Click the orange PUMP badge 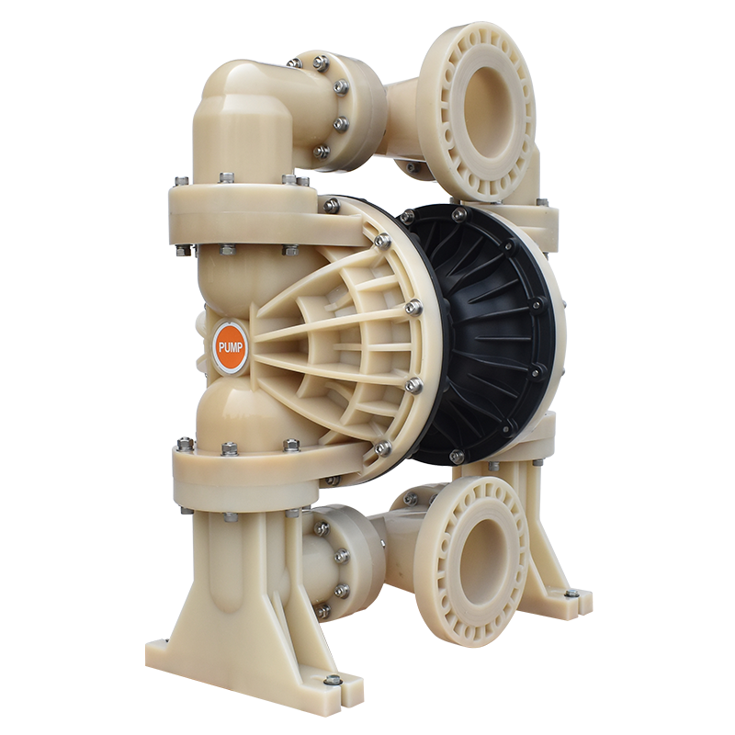pyautogui.click(x=231, y=347)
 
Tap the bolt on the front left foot pyautogui.click(x=333, y=679)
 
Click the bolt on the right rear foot pyautogui.click(x=571, y=594)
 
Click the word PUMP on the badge pyautogui.click(x=231, y=348)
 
